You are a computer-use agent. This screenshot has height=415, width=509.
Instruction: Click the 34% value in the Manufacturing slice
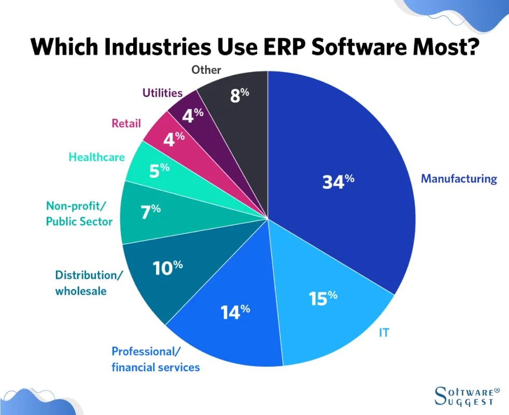[x=338, y=182]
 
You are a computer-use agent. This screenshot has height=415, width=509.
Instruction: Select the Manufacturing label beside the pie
[x=459, y=179]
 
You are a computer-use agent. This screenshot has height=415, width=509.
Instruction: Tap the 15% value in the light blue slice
[x=323, y=298]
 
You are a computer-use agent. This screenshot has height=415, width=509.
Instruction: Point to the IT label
[x=384, y=333]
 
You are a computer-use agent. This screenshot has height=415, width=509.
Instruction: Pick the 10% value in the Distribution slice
[x=167, y=267]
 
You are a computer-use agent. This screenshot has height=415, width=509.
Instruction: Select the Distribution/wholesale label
[x=89, y=283]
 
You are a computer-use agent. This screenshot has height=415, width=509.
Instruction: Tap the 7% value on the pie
[x=150, y=211]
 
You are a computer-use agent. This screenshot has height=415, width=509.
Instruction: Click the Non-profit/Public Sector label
[x=79, y=214]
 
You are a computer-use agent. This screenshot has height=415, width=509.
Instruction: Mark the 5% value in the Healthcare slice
[x=158, y=170]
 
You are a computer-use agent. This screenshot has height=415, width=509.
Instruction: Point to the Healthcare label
[x=96, y=157]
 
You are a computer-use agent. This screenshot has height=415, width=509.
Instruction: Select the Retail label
[x=126, y=123]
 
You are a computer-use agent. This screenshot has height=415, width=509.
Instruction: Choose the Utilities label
[x=162, y=93]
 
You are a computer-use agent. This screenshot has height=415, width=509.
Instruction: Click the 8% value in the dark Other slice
[x=239, y=95]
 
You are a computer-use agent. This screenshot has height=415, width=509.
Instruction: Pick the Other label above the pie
[x=206, y=70]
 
